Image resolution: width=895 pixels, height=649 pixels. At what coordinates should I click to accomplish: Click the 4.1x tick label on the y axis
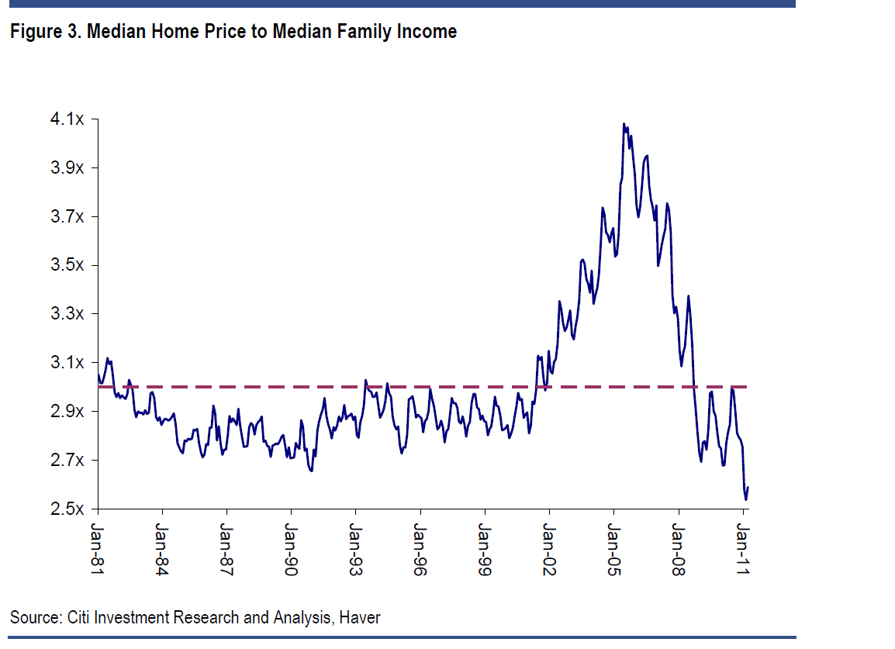tap(68, 119)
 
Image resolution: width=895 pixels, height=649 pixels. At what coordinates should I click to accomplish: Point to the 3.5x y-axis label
tap(68, 266)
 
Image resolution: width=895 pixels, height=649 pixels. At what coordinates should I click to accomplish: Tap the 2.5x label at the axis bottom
tap(68, 509)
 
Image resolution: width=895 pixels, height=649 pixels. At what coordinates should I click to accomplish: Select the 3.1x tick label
tap(68, 363)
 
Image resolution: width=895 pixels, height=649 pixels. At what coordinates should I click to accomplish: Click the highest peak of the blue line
tap(624, 124)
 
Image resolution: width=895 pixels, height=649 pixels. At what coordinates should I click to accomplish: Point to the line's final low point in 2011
tap(745, 499)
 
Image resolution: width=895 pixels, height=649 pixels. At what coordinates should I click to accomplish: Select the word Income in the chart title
tap(427, 33)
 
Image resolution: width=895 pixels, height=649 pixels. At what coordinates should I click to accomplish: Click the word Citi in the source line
tap(78, 618)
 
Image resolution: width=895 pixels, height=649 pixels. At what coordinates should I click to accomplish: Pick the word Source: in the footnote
tap(35, 618)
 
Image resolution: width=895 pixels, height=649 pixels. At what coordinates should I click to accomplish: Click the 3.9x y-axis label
tap(68, 168)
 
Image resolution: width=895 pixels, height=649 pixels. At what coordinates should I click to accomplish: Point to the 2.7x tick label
tap(68, 461)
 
